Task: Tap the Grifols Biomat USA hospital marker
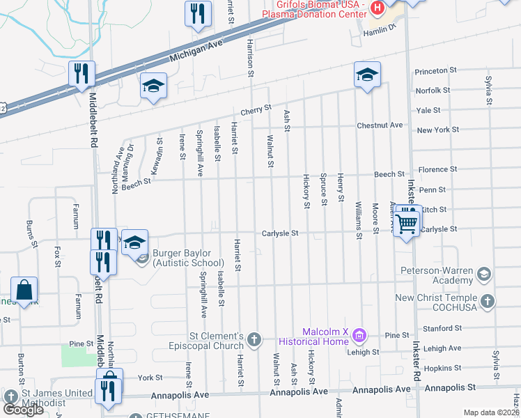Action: (x=378, y=9)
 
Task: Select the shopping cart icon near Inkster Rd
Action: (x=406, y=224)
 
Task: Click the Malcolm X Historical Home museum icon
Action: (x=359, y=336)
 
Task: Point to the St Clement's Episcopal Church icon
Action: (x=254, y=339)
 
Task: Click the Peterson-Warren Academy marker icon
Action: (x=485, y=272)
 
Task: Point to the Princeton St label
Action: (x=435, y=71)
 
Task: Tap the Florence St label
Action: (x=437, y=169)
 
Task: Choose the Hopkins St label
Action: (x=440, y=367)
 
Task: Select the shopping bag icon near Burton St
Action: (x=24, y=290)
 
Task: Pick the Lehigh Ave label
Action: (x=443, y=348)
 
